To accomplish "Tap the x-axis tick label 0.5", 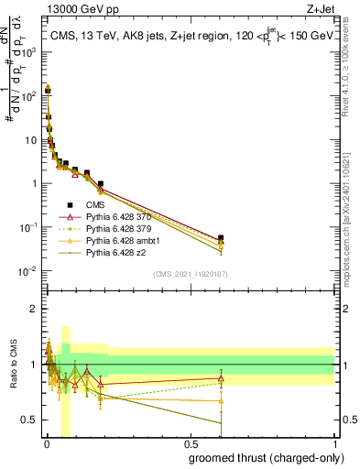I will point(191,444).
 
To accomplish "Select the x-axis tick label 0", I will point(47,444).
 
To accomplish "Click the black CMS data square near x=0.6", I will point(221,238).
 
